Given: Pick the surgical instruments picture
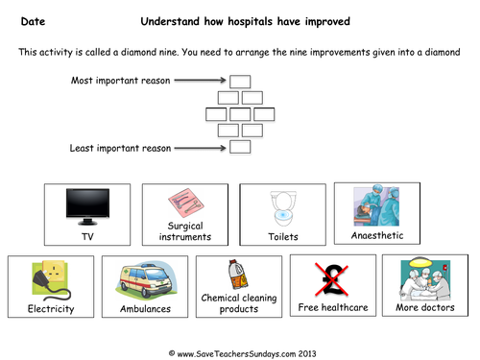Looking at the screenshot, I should click(183, 204).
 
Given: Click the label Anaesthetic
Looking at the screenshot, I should click(376, 234).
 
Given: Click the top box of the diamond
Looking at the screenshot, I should click(241, 82).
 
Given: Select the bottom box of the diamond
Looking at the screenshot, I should click(241, 147).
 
